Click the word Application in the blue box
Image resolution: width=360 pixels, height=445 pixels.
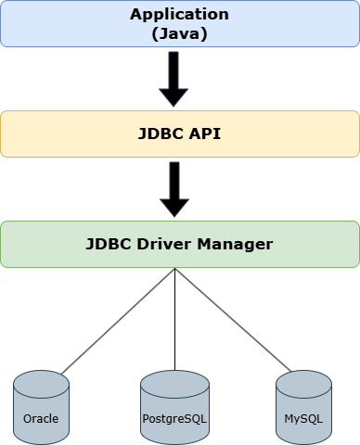click(179, 15)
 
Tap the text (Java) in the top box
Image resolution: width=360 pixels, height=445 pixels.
click(179, 32)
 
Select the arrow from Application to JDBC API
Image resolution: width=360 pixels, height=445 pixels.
click(174, 74)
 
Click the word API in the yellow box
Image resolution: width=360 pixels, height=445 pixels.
click(204, 133)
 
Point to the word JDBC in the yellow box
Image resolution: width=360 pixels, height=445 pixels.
click(160, 133)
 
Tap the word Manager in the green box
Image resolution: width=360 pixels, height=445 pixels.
click(240, 245)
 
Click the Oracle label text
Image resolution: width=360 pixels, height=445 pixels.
click(42, 418)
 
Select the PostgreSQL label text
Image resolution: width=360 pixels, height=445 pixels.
click(174, 418)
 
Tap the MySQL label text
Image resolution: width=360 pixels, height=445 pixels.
click(303, 418)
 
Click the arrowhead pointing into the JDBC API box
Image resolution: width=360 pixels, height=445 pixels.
click(174, 97)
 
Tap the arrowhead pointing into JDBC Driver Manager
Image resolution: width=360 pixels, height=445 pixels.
click(174, 207)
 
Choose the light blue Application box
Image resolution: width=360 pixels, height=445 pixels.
click(56, 23)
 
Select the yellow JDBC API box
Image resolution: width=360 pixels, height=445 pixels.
click(56, 133)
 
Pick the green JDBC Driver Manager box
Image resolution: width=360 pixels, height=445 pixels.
click(46, 245)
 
